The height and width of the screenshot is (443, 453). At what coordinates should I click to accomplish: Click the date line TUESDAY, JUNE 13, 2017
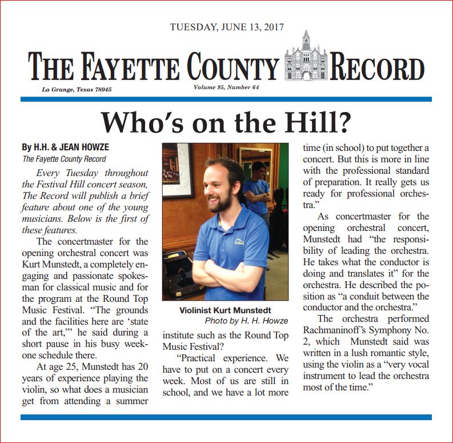227,27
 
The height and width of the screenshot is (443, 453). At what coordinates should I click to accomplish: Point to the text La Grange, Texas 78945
77,90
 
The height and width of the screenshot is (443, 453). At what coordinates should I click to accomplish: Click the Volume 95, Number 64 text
226,87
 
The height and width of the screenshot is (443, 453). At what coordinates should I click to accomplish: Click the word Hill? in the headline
320,122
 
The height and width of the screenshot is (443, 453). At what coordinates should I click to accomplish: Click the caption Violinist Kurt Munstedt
225,311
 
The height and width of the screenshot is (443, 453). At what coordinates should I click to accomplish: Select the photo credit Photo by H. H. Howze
246,321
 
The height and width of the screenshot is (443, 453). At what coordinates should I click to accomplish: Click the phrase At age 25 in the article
56,366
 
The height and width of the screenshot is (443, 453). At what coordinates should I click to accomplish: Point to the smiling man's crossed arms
228,274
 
